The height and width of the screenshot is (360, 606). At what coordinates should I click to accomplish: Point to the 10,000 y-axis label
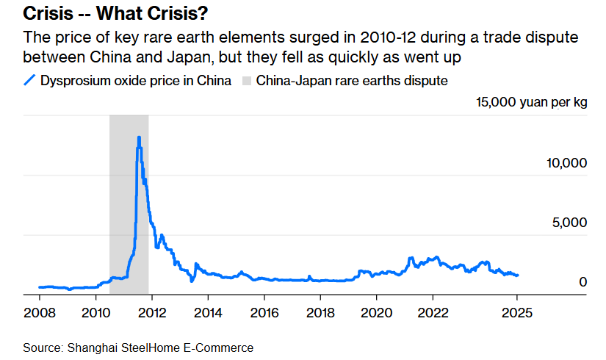pyautogui.click(x=566, y=163)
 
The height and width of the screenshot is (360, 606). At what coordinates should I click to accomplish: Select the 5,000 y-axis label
pyautogui.click(x=570, y=223)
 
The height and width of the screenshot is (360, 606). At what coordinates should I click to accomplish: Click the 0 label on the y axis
pyautogui.click(x=582, y=282)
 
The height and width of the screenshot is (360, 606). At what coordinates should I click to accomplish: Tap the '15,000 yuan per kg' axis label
pyautogui.click(x=532, y=103)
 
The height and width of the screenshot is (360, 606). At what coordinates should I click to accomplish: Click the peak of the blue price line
pyautogui.click(x=139, y=137)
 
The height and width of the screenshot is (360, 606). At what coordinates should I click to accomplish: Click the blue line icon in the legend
pyautogui.click(x=30, y=80)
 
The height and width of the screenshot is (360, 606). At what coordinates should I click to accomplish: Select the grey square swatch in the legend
pyautogui.click(x=246, y=80)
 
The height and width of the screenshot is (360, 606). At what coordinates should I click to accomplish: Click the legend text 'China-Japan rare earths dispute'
pyautogui.click(x=352, y=80)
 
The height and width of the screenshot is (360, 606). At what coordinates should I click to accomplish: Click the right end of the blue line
pyautogui.click(x=518, y=276)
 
